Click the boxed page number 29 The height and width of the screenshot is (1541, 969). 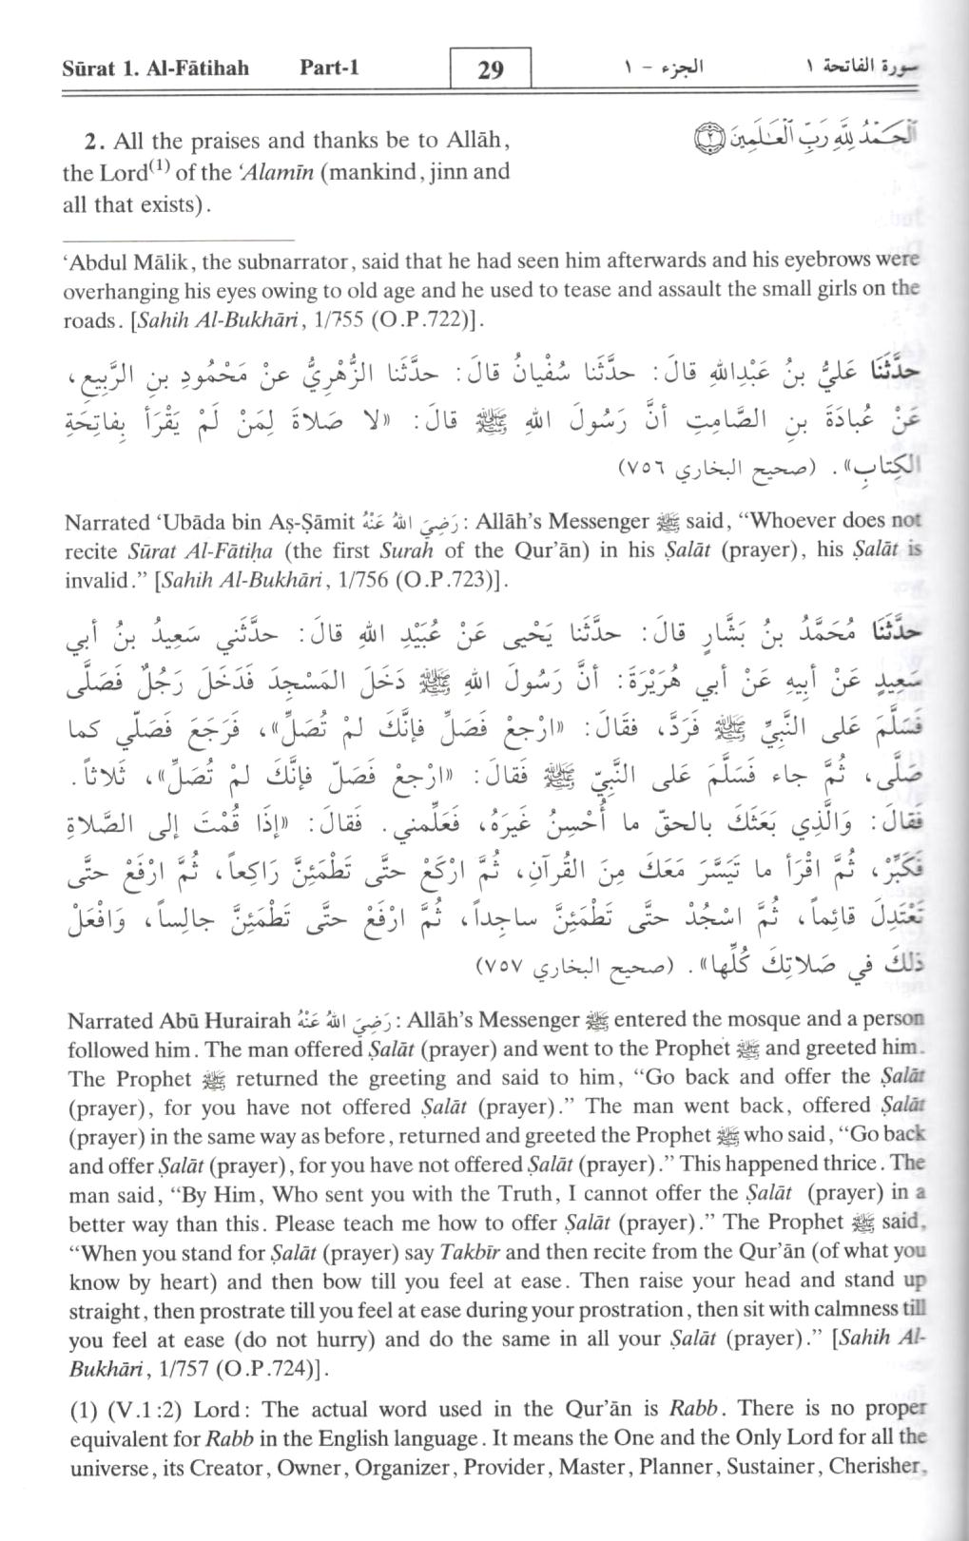pos(490,68)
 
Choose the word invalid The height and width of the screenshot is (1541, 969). pos(100,580)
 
